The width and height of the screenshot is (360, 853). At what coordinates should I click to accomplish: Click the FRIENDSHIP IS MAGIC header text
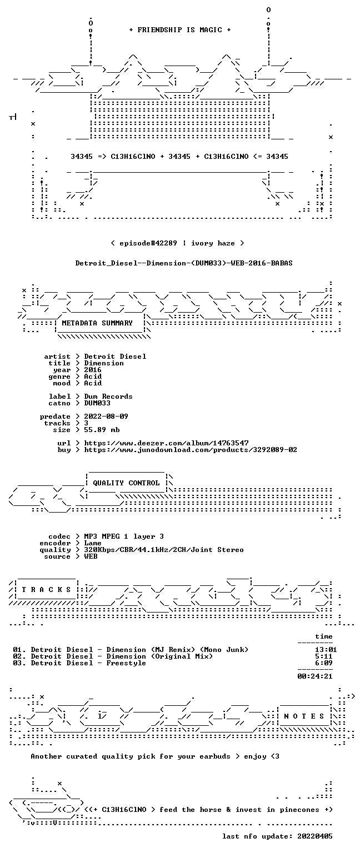tap(180, 29)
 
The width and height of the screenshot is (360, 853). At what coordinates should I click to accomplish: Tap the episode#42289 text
tap(148, 243)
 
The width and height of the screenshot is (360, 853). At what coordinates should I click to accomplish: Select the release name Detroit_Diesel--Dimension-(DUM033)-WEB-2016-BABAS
tap(184, 263)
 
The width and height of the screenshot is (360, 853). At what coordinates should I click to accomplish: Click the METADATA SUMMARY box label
tap(97, 323)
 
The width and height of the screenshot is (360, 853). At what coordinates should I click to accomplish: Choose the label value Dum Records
tap(108, 397)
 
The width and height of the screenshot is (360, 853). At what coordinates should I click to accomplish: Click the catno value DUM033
tap(97, 403)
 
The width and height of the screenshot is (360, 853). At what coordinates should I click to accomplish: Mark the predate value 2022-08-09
tap(106, 416)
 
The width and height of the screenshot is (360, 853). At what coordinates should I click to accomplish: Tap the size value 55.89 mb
tap(102, 429)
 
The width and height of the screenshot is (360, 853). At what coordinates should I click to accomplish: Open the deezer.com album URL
tap(167, 443)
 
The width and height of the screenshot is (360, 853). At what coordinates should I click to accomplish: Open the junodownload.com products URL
tap(191, 450)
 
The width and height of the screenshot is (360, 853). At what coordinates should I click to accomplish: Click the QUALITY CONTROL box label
tap(126, 483)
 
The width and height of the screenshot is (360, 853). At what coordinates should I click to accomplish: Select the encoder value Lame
tap(93, 543)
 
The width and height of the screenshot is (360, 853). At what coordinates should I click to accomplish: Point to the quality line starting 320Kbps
tap(164, 549)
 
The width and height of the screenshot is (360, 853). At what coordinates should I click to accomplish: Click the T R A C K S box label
tap(46, 589)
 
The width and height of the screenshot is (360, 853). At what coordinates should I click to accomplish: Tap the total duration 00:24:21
tap(314, 676)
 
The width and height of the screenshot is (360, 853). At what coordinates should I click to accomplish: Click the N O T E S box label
tap(304, 716)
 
